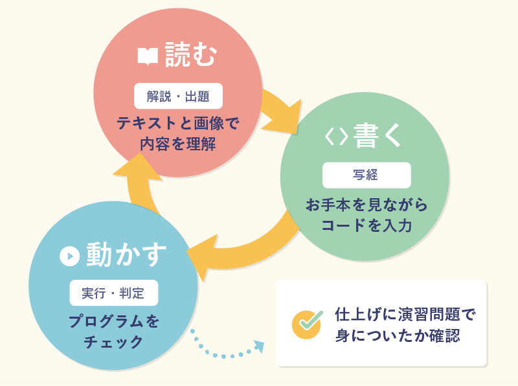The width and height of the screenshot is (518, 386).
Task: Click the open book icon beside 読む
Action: coord(148,56)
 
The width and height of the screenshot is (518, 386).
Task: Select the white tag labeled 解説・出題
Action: coord(178,96)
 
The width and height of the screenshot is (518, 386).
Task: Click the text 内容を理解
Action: coord(178,143)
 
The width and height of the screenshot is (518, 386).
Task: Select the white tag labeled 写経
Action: coord(366,175)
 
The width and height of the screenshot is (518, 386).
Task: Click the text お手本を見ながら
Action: coord(366,205)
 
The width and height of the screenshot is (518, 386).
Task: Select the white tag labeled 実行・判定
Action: coord(113,293)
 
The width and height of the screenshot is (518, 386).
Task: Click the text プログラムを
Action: coord(113,321)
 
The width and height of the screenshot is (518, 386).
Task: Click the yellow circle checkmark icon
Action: coord(307,324)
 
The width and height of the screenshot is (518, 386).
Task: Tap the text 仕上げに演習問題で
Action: coord(405,315)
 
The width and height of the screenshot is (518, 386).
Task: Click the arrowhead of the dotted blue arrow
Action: coord(258,346)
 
